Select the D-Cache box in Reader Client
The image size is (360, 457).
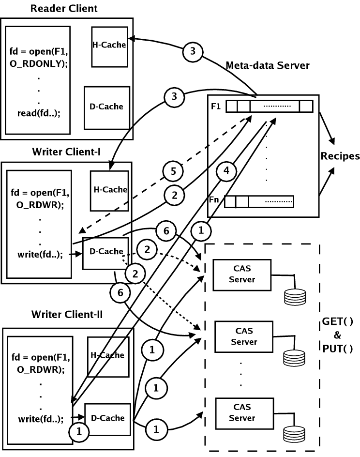tap(106, 107)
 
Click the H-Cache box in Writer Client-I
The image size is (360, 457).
tap(110, 189)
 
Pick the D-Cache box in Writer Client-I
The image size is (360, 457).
tap(102, 251)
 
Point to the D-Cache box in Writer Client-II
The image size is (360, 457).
tap(108, 418)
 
